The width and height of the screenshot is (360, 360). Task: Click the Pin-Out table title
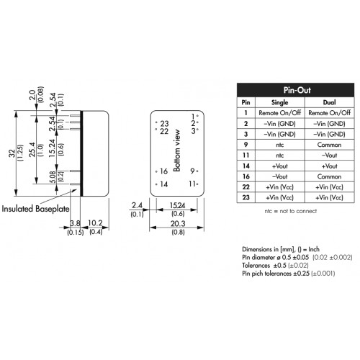click(x=297, y=90)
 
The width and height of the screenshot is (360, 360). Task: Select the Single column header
click(x=279, y=102)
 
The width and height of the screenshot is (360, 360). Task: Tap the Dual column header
click(x=329, y=102)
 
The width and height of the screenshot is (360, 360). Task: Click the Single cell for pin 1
click(x=279, y=113)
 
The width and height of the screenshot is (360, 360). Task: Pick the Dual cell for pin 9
click(x=329, y=145)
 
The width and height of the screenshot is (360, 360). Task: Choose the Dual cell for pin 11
click(x=329, y=156)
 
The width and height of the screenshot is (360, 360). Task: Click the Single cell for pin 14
click(x=279, y=166)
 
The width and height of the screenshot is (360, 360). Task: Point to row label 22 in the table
click(x=246, y=187)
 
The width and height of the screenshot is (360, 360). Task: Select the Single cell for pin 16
click(x=279, y=176)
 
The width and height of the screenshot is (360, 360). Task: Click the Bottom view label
click(x=177, y=150)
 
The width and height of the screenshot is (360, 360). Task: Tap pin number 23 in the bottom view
click(x=164, y=124)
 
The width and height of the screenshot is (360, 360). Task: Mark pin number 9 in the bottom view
click(x=192, y=171)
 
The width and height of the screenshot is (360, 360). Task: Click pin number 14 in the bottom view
click(x=163, y=184)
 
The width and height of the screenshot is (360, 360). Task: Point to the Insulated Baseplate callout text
click(x=35, y=209)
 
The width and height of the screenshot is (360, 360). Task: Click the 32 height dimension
click(x=12, y=153)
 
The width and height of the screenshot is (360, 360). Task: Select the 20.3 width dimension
click(x=178, y=224)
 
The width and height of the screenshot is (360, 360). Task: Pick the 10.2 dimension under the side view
click(x=95, y=223)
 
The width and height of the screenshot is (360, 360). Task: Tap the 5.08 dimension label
click(x=53, y=177)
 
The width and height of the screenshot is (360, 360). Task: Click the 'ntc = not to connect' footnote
click(x=291, y=211)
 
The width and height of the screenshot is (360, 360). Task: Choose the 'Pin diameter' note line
click(x=297, y=257)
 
